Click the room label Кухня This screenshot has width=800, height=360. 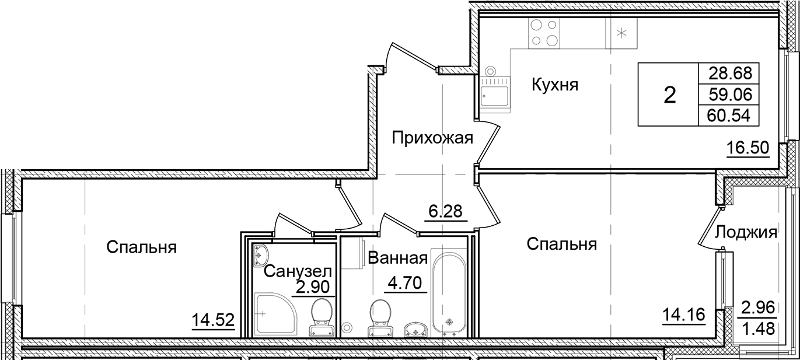pyautogui.click(x=554, y=85)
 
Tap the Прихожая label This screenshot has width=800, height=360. pyautogui.click(x=432, y=138)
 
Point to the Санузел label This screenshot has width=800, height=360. pyautogui.click(x=298, y=271)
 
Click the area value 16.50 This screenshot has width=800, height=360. pyautogui.click(x=747, y=148)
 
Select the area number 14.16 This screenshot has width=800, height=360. pyautogui.click(x=684, y=316)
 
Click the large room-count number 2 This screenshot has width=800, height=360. pyautogui.click(x=670, y=95)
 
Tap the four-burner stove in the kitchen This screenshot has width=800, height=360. pyautogui.click(x=543, y=33)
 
